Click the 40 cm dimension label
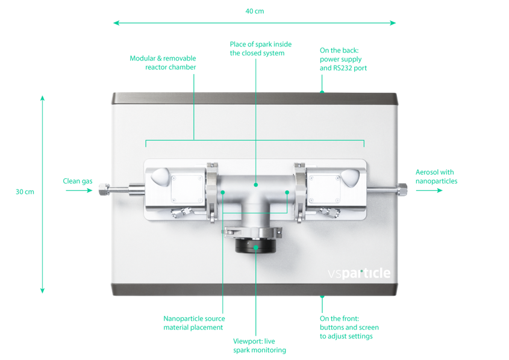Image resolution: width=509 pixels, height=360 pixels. coord(254,11)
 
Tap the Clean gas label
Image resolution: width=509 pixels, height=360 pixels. coord(77,181)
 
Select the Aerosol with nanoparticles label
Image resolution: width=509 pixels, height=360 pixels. coord(436,176)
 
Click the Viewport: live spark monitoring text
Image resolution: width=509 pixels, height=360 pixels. coord(259,346)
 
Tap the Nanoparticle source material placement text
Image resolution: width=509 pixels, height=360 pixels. coord(194,323)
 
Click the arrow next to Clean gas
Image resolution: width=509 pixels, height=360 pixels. coord(78,191)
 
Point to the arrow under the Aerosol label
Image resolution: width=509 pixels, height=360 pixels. coord(429,190)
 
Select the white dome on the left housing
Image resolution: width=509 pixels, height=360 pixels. coord(161,176)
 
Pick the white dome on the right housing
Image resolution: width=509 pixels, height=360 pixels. coord(351,176)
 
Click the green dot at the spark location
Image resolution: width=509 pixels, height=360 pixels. coord(255,185)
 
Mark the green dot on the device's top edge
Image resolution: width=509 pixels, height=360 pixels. coord(322,92)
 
